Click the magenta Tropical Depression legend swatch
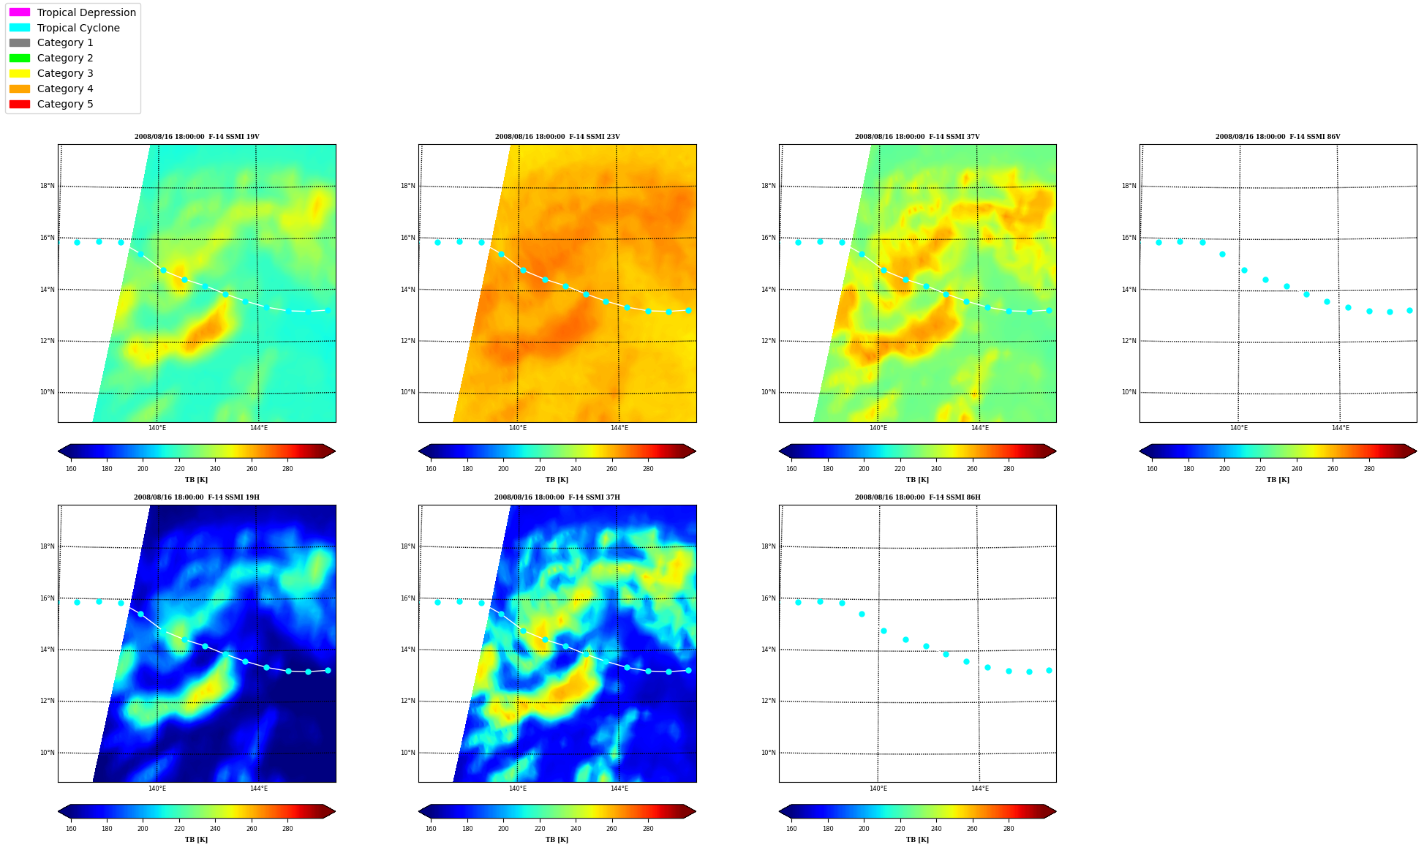[20, 12]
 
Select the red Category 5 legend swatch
[20, 104]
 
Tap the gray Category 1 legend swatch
[20, 42]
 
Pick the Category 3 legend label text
[65, 73]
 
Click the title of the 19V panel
[197, 137]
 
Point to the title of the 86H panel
[918, 497]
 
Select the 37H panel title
[557, 497]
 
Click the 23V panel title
[557, 137]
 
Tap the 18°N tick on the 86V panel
[1129, 186]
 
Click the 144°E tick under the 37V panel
[980, 428]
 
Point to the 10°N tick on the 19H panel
[48, 753]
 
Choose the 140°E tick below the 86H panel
[878, 789]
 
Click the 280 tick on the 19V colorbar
[287, 469]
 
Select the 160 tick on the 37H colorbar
[431, 829]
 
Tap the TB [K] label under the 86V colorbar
[1278, 480]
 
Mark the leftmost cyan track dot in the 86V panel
[1159, 242]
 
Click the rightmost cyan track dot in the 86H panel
[1049, 670]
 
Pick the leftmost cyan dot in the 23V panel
[437, 242]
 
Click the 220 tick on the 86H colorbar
[900, 829]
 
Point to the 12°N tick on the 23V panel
[408, 341]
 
